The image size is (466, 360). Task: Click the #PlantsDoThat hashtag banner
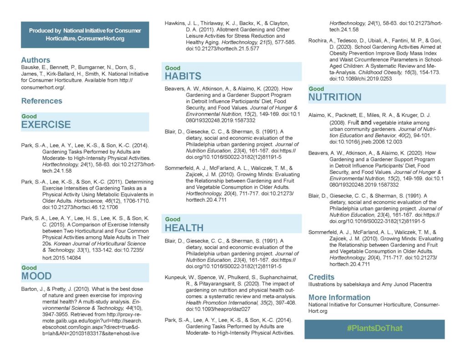click(374, 329)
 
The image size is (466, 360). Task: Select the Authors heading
click(35, 60)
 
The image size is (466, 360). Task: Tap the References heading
click(42, 101)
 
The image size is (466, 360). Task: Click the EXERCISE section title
click(46, 125)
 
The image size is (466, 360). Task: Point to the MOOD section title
click(36, 276)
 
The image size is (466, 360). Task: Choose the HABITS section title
click(183, 76)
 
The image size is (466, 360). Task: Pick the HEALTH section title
click(184, 227)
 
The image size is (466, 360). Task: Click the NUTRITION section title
click(335, 97)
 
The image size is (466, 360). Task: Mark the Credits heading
click(321, 277)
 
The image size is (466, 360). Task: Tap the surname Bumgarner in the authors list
click(91, 67)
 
